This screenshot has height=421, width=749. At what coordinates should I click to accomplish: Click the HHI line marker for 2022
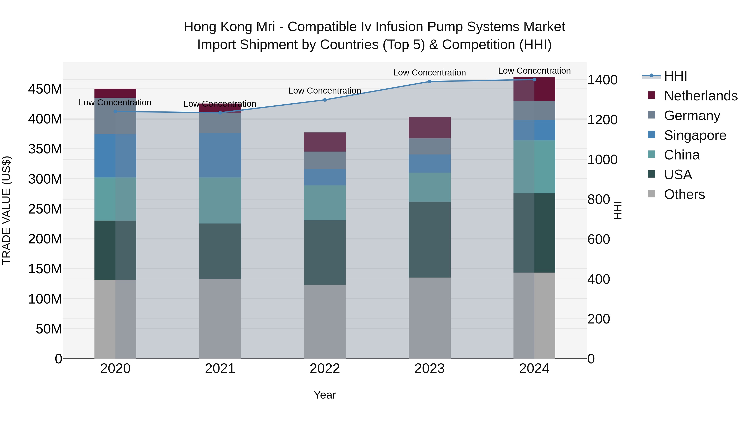click(325, 100)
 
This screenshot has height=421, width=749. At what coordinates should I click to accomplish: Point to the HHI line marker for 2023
click(429, 82)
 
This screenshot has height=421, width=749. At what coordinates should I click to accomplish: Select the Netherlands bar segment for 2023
click(429, 128)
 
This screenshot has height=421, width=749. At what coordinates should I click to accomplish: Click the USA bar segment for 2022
click(325, 253)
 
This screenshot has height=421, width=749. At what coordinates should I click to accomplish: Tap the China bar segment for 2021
click(220, 200)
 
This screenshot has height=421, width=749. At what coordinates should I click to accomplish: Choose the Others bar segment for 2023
click(429, 318)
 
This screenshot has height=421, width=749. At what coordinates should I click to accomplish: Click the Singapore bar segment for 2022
click(325, 177)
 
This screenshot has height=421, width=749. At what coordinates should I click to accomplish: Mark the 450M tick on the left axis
click(45, 89)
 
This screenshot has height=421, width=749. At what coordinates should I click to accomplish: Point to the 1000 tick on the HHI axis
click(602, 160)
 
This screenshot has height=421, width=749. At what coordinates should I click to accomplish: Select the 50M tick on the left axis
click(49, 329)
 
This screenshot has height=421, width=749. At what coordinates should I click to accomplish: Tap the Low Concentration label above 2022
click(325, 91)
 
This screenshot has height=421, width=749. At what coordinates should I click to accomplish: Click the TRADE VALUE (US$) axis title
click(6, 211)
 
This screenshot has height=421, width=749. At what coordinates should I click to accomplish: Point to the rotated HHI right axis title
click(618, 211)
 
